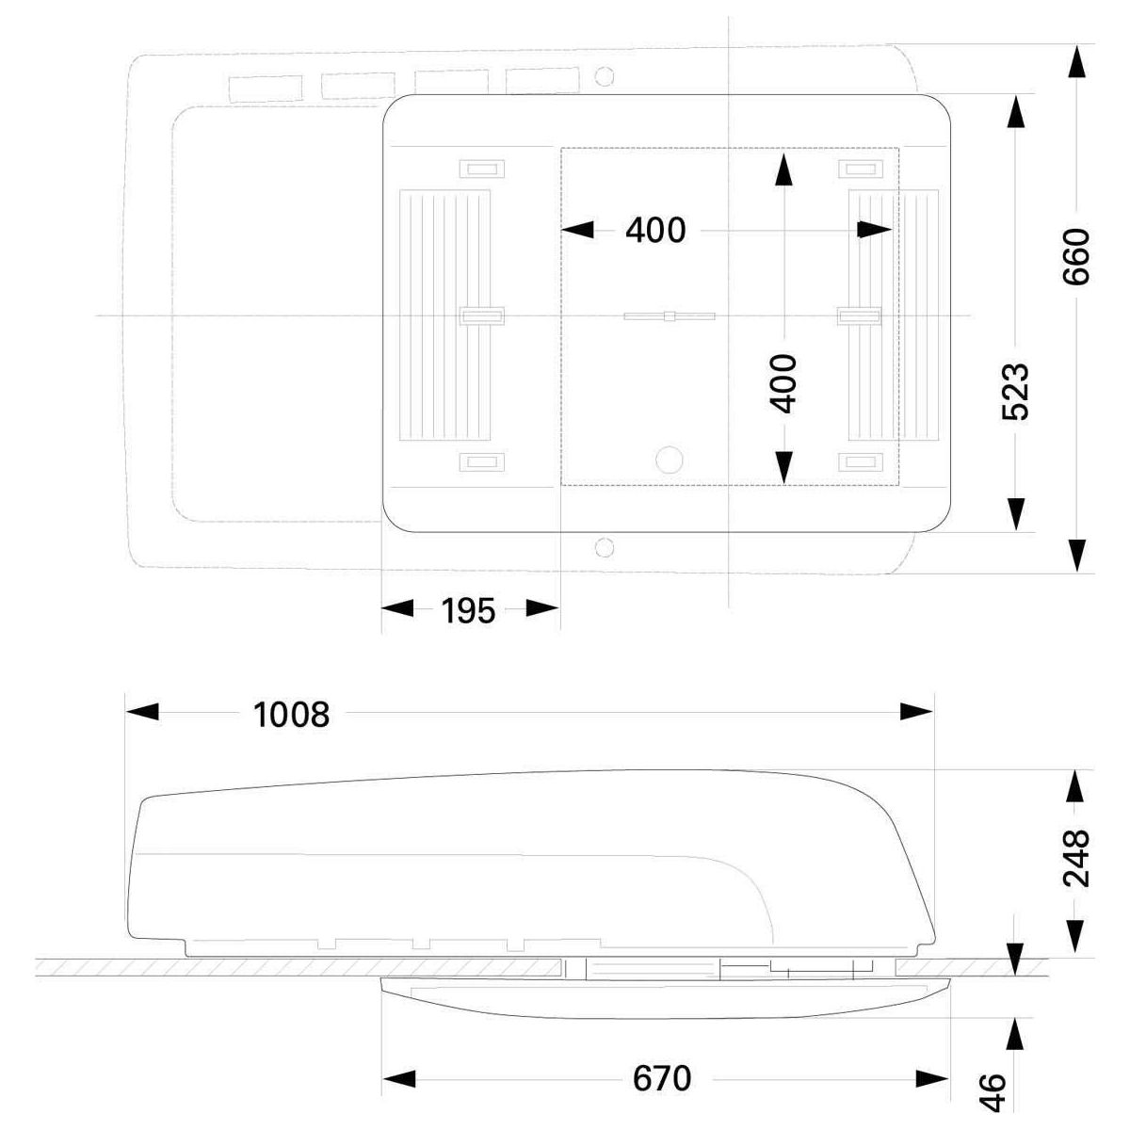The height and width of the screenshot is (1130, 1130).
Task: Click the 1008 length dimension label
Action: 291,716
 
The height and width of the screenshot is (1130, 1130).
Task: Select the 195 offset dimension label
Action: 468,611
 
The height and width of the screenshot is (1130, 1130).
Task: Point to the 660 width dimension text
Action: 1076,257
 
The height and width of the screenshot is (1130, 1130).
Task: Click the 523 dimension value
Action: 1015,392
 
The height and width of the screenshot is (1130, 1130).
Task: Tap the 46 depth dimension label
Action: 993,1092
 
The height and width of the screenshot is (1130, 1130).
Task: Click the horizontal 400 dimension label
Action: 655,231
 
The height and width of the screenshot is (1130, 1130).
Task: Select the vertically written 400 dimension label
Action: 783,383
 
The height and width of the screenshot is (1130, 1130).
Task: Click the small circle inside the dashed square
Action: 670,460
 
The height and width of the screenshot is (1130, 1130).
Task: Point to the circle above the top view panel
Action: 604,76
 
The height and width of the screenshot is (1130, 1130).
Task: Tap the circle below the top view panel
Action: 604,548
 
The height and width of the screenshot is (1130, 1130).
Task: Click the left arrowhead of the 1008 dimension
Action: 142,712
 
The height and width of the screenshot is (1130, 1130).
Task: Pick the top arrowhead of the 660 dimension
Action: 1076,61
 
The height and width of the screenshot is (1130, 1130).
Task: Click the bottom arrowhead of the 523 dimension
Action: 1015,514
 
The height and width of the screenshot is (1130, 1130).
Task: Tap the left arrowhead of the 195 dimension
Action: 397,608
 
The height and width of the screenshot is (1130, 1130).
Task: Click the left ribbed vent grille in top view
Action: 444,315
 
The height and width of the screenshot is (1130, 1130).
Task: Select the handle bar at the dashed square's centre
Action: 670,316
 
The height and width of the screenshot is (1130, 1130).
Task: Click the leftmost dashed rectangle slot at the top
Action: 265,89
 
